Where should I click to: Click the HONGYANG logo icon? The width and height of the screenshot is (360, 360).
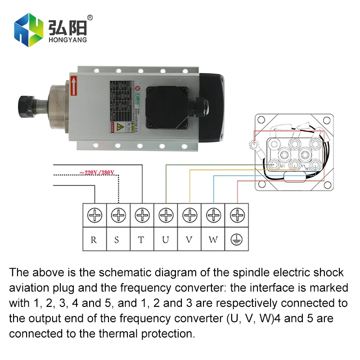click(29, 30)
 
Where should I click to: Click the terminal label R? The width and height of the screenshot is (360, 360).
click(94, 239)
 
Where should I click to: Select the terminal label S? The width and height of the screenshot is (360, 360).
click(117, 239)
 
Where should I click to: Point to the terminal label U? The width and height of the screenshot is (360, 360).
click(166, 239)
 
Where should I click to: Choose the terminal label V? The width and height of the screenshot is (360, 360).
click(189, 239)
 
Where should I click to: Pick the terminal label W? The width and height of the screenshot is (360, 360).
click(213, 239)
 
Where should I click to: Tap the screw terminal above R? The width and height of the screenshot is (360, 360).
click(94, 216)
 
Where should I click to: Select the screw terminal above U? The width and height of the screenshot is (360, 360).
click(166, 216)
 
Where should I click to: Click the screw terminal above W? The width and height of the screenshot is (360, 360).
click(213, 216)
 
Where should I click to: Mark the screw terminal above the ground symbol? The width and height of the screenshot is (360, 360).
click(237, 216)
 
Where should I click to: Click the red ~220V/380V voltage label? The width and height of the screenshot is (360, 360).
click(97, 172)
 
